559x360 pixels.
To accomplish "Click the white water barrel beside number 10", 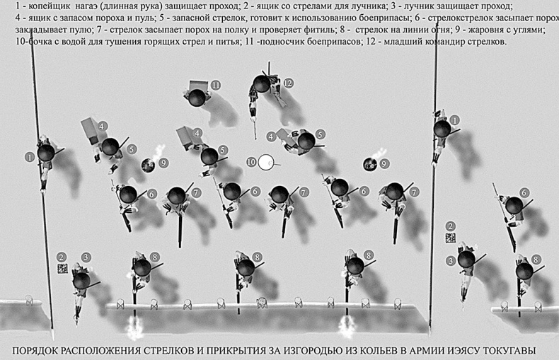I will click(x=265, y=162).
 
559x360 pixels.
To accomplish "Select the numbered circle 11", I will click(x=215, y=86).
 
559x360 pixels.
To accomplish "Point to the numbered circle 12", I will click(x=288, y=83).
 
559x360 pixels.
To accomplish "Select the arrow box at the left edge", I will click(x=62, y=269).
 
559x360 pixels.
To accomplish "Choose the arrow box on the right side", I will click(x=450, y=238).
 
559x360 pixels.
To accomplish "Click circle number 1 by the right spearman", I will click(x=455, y=120).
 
